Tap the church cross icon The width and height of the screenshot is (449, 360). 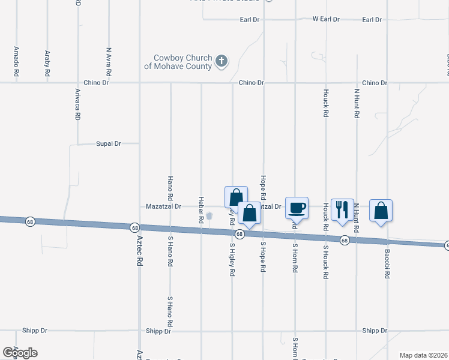click(221, 61)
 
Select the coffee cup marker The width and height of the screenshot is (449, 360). click(297, 208)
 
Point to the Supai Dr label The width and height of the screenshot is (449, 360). click(109, 144)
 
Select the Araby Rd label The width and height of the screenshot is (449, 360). click(47, 63)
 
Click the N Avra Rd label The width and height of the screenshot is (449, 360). click(109, 61)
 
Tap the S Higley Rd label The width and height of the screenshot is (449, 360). click(232, 260)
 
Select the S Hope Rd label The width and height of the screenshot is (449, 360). click(263, 257)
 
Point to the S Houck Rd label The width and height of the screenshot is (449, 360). click(325, 262)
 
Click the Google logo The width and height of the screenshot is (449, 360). click(20, 352)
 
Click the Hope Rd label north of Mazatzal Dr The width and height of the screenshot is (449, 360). click(263, 187)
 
